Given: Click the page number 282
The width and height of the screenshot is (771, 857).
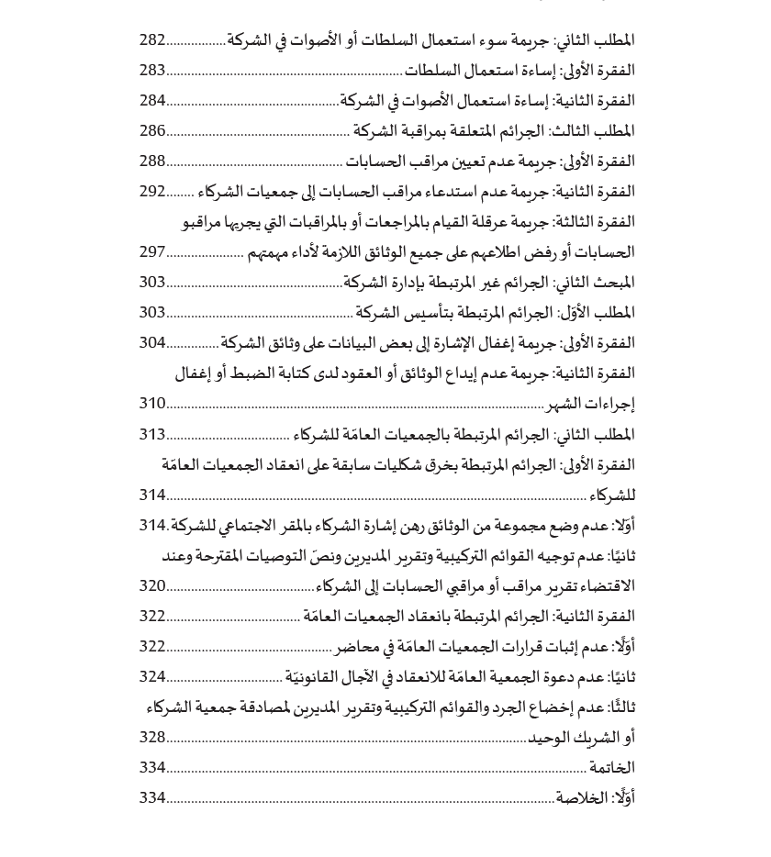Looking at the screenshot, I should [x=152, y=40].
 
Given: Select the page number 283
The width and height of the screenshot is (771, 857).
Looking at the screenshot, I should [x=152, y=71].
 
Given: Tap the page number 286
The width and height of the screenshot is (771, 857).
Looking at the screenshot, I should [x=152, y=131].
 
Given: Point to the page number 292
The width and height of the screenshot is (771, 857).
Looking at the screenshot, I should [x=152, y=192].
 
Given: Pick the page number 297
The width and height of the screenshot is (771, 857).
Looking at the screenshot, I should [x=152, y=252].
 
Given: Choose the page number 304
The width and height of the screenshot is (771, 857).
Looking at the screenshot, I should [x=152, y=343].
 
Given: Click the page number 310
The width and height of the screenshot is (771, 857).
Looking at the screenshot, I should [x=152, y=404].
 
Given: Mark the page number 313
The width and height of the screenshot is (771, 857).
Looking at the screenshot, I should [x=152, y=434].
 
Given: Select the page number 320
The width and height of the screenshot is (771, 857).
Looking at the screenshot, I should [x=152, y=585].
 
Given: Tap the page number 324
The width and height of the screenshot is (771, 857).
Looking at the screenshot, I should [x=152, y=677].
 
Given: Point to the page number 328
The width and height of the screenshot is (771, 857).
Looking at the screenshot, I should [x=152, y=738].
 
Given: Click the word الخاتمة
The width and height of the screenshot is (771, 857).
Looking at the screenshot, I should [x=611, y=768].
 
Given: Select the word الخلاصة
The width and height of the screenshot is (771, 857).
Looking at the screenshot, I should [x=582, y=798].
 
